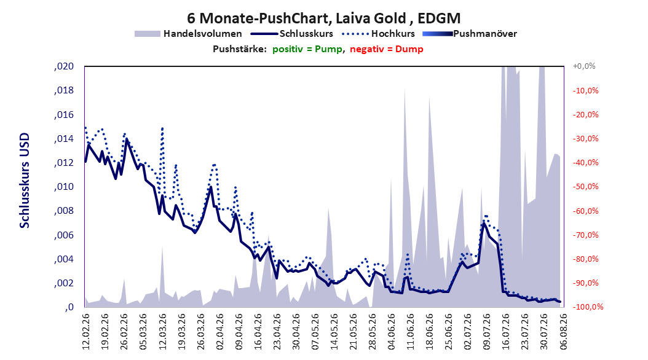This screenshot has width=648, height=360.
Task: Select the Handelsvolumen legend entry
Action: coord(189,34)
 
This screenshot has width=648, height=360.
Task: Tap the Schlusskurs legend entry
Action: coord(292,34)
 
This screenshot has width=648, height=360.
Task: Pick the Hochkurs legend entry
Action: coord(379,34)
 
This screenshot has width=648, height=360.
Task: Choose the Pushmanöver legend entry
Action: coord(470,34)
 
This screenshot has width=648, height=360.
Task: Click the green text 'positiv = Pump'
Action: coord(307,49)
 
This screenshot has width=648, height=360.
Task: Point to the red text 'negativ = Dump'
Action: coord(387,49)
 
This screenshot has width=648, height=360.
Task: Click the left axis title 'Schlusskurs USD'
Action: coord(25,181)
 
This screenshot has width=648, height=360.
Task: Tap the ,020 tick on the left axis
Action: coord(64,66)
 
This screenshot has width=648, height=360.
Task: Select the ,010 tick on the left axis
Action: coord(64,187)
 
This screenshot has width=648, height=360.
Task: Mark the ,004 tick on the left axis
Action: coord(64,259)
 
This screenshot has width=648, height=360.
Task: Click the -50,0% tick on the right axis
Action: coord(585,187)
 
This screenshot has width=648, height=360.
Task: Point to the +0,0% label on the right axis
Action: coord(584,66)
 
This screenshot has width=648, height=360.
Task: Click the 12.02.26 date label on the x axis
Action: coord(86,332)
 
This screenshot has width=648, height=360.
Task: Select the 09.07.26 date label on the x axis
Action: coord(487,332)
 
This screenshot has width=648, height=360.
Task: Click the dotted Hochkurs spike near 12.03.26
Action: coord(162,128)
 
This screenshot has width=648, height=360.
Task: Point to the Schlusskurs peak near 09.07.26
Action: coord(483,224)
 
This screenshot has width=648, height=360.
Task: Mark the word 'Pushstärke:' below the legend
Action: coord(240,49)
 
